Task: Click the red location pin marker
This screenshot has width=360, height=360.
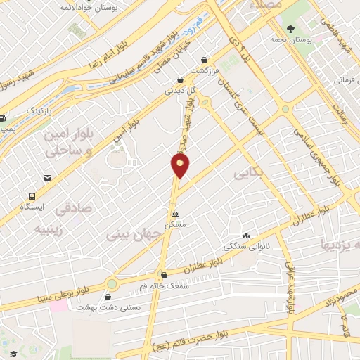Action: pos(181,165)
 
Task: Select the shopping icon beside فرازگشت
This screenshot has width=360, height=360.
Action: pos(204,60)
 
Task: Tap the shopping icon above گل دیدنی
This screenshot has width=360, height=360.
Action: pos(181,79)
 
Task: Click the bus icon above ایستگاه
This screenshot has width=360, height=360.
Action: pos(32,196)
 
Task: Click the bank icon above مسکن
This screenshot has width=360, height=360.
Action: pos(175,213)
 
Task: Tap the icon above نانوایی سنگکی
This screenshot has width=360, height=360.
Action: pos(246,236)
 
